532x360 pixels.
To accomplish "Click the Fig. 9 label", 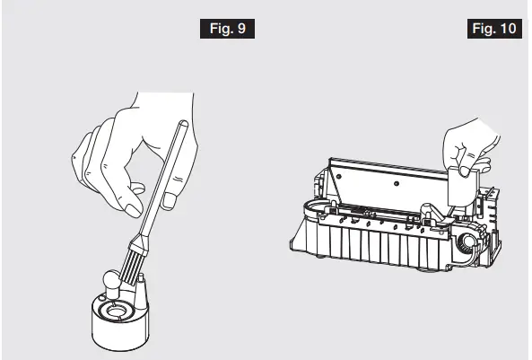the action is pyautogui.click(x=227, y=29).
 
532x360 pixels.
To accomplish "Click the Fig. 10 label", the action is pyautogui.click(x=494, y=29).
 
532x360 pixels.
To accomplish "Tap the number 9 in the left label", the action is pyautogui.click(x=241, y=29).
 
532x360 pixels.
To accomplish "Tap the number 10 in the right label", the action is pyautogui.click(x=509, y=29).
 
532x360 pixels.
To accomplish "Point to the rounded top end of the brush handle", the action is pyautogui.click(x=183, y=123).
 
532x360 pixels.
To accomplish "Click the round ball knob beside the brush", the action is pyautogui.click(x=111, y=279).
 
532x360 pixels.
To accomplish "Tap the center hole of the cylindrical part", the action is pyautogui.click(x=117, y=312).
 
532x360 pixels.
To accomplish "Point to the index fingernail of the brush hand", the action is pyautogui.click(x=132, y=210).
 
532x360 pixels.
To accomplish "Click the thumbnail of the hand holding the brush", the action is pyautogui.click(x=170, y=200).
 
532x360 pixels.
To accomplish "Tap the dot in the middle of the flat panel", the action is pyautogui.click(x=397, y=184).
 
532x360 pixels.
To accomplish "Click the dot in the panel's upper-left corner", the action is pyautogui.click(x=338, y=177).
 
